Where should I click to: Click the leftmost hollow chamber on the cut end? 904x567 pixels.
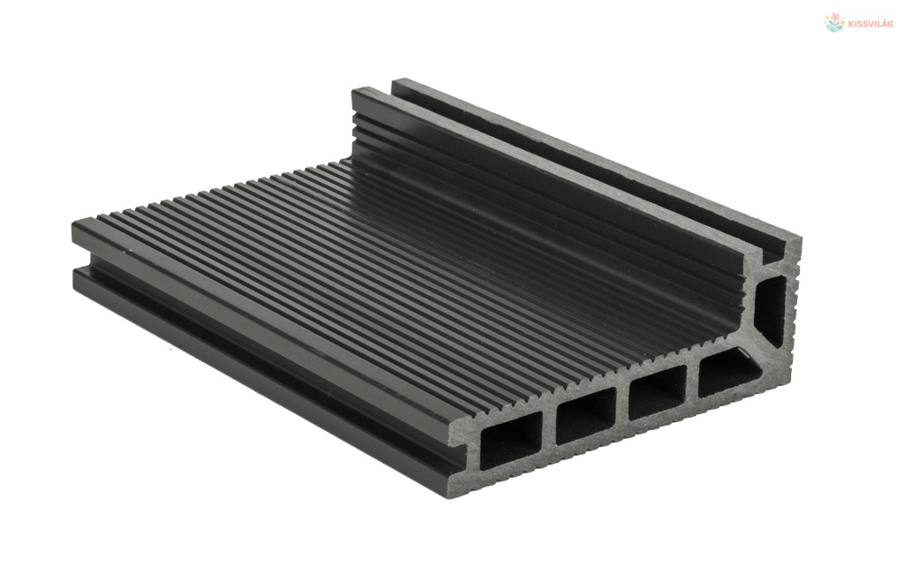click(510, 447)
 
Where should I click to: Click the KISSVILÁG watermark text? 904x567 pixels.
click(871, 24)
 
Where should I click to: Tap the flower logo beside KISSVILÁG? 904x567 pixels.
click(834, 22)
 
